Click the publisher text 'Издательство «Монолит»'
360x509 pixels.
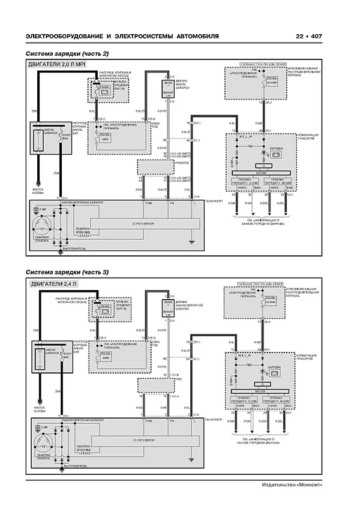point(292,484)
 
